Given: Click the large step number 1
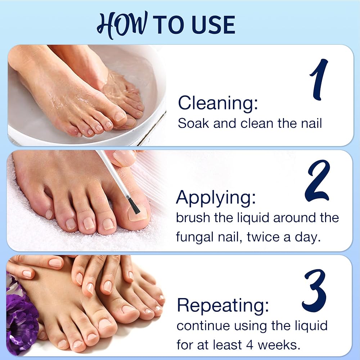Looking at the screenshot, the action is coord(319,79).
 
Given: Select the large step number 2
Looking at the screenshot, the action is coord(318,181).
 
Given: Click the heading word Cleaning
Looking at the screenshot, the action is coord(218,103).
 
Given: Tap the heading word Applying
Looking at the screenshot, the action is coord(216,198).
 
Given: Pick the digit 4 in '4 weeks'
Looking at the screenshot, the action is coord(250,345).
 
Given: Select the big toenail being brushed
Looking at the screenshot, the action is coord(137,213).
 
